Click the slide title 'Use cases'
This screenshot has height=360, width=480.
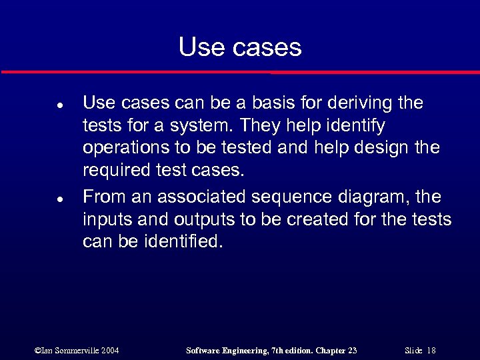tap(240, 47)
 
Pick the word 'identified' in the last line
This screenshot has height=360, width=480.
tap(180, 241)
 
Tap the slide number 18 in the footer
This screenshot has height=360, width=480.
tap(431, 350)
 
